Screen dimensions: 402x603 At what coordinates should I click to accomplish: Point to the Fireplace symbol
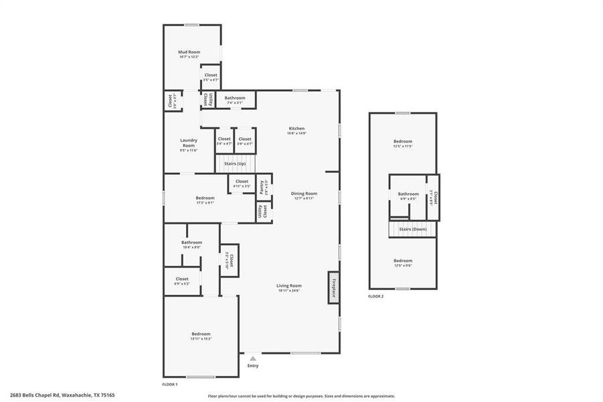[333, 287]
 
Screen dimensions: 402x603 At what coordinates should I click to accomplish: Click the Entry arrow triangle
[252, 359]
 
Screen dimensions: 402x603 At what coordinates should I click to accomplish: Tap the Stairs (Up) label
[225, 163]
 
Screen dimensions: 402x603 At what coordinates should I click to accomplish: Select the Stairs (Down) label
[413, 229]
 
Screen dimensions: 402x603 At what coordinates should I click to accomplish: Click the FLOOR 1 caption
[170, 385]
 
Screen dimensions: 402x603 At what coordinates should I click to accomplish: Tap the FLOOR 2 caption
[376, 295]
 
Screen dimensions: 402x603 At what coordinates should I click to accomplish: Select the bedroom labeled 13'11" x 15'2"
[201, 336]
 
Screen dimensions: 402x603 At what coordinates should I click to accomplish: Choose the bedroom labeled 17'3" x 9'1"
[205, 199]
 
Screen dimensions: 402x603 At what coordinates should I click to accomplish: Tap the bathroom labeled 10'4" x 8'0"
[191, 244]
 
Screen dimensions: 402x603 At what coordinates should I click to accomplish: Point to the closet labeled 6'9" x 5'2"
[182, 281]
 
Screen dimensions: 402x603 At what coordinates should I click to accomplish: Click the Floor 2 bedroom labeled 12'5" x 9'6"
[403, 262]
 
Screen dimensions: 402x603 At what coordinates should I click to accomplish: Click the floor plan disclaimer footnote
[301, 396]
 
